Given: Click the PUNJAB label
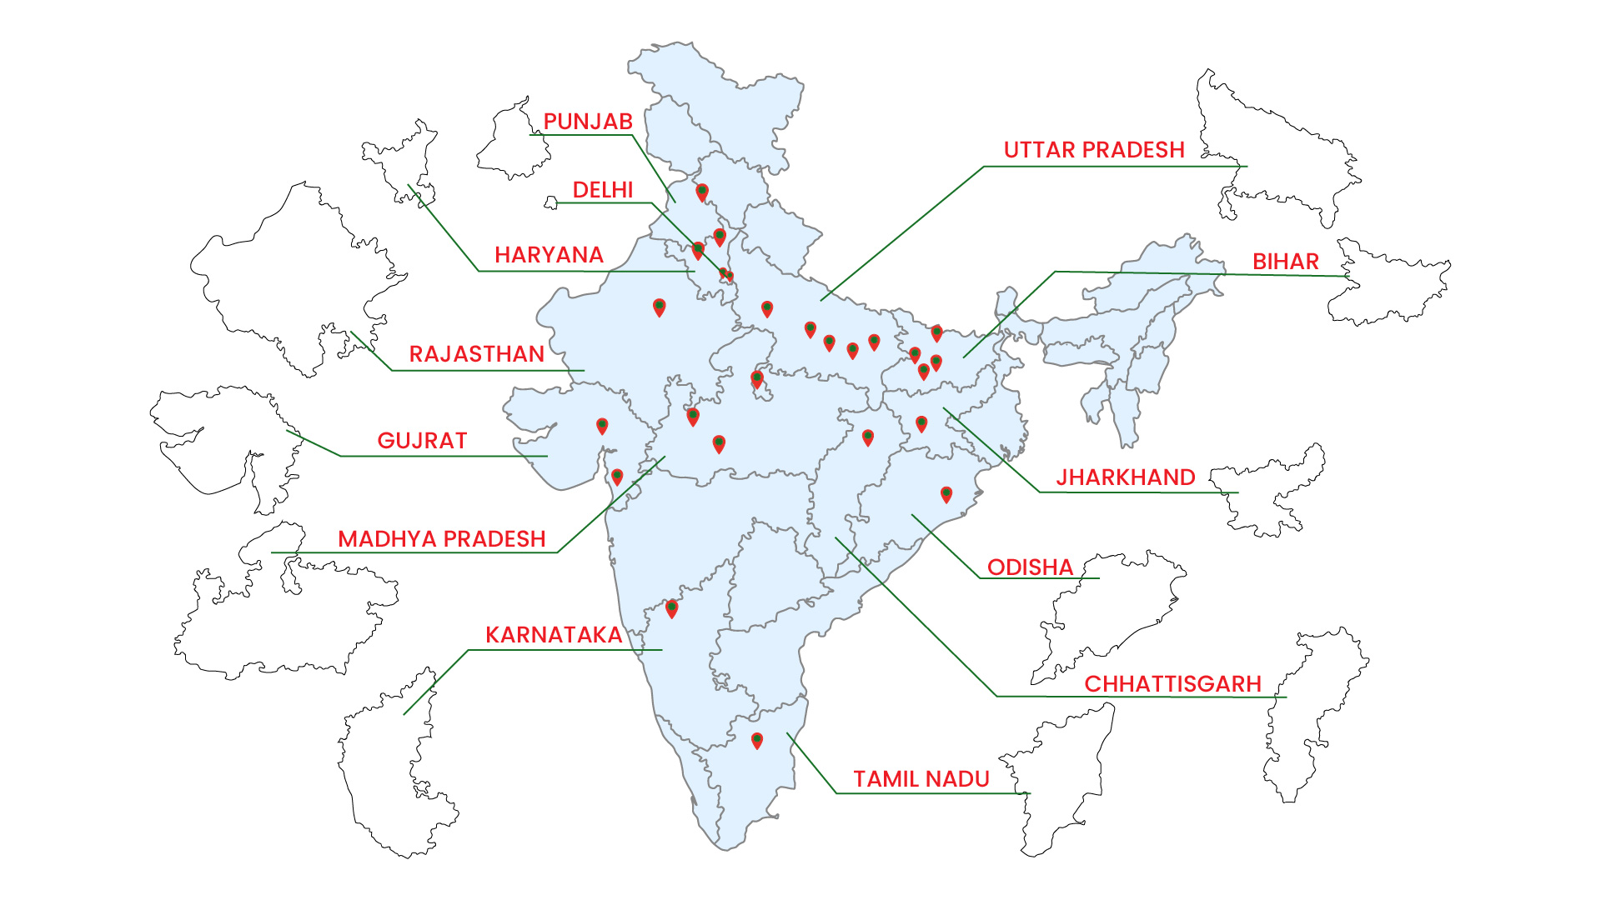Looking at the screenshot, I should (588, 122).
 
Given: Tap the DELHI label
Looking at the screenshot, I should (603, 190).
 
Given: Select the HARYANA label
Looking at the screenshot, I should (549, 255).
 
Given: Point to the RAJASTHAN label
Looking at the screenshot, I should (476, 354).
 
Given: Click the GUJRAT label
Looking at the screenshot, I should (422, 441).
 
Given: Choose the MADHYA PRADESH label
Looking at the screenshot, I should (442, 539).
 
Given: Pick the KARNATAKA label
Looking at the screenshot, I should (554, 635).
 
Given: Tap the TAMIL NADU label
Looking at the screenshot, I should (921, 779).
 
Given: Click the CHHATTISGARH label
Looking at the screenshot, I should (1172, 684).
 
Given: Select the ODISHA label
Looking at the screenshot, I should (1030, 567).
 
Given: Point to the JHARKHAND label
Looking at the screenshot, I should (1126, 477).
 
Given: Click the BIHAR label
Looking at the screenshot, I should (1286, 262).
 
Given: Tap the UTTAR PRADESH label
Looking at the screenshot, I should (1094, 150).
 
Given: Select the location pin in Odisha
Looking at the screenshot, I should (946, 494).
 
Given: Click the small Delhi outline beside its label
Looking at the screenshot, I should (550, 202).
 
